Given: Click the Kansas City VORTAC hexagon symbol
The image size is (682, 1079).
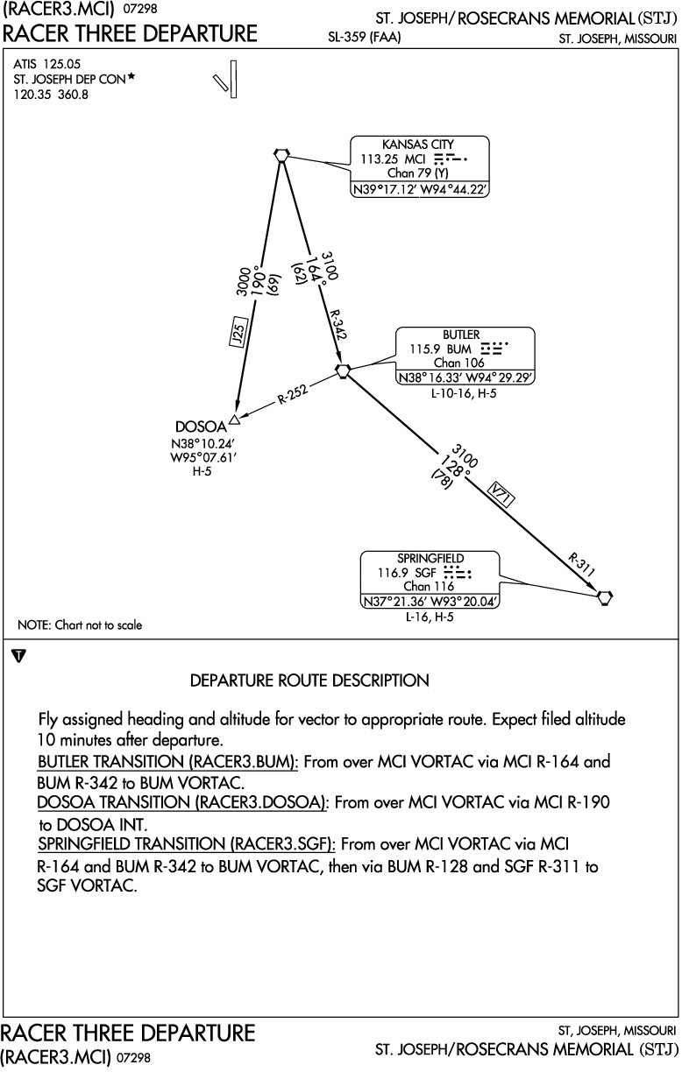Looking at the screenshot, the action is tap(281, 155).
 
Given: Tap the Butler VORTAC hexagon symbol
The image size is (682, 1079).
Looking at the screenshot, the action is tap(343, 371).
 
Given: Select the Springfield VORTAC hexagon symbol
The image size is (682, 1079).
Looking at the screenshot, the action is tap(604, 597).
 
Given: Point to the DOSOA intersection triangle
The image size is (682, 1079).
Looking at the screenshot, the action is tap(235, 420).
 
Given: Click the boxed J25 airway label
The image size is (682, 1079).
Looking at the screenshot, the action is tap(238, 332).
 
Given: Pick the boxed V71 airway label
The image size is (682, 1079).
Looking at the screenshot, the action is tap(501, 494).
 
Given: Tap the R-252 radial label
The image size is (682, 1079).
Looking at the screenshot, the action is tap(293, 394).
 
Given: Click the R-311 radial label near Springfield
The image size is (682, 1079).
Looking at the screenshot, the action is tap(581, 565).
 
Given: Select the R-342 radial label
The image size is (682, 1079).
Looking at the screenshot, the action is tap(337, 324).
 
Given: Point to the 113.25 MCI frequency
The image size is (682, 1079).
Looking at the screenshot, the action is tap(393, 159).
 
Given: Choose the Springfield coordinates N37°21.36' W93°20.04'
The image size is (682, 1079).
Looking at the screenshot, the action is tap(430, 602).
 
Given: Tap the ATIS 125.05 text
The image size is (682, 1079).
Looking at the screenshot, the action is tap(46, 64).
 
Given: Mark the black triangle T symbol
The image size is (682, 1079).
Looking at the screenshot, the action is tap(18, 656).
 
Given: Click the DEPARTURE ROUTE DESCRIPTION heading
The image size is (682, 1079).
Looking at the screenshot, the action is tap(309, 681).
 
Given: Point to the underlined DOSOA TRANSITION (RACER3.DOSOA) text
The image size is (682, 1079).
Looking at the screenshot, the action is tap(182, 802).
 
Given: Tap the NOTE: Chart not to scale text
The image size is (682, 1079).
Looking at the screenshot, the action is tap(80, 624).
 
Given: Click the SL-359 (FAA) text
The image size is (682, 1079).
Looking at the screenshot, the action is tap(365, 37).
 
